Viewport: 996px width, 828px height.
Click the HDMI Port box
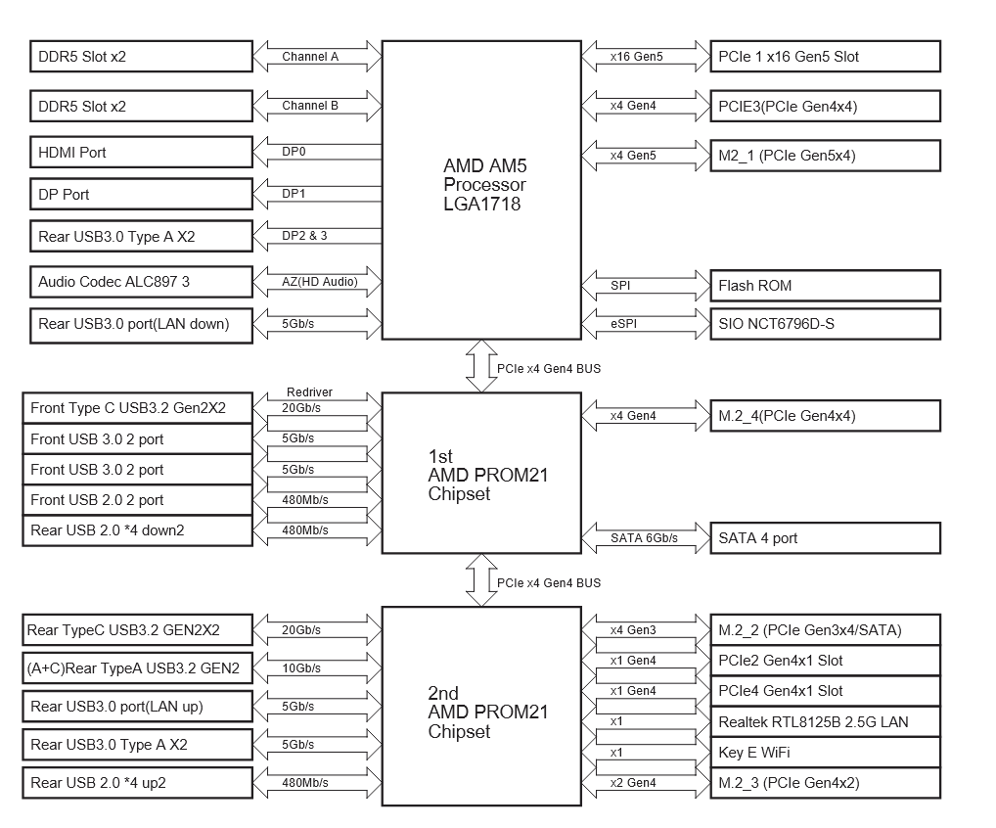click(x=141, y=153)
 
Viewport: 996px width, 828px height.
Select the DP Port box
click(x=141, y=195)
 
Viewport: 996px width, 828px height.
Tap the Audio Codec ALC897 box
click(x=141, y=282)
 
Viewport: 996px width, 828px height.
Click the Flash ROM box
click(x=825, y=286)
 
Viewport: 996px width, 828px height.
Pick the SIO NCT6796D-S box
click(x=825, y=324)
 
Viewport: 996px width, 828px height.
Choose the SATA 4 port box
click(x=825, y=538)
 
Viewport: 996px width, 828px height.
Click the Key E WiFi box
click(x=825, y=753)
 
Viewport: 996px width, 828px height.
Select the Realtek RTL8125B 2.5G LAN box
click(x=825, y=722)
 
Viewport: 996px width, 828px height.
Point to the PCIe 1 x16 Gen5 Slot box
click(x=825, y=57)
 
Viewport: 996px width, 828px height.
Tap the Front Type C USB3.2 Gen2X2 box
click(x=137, y=408)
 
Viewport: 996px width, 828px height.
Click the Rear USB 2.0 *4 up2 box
click(x=137, y=783)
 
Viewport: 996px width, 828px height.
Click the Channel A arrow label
click(x=310, y=57)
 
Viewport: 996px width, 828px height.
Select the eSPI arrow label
click(x=624, y=323)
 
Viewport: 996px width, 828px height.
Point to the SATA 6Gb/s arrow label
click(x=644, y=538)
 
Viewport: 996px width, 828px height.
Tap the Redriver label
click(x=309, y=392)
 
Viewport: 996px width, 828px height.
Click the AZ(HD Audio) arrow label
click(x=320, y=282)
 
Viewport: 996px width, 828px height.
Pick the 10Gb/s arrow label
click(x=301, y=668)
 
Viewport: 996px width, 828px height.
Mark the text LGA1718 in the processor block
click(x=482, y=204)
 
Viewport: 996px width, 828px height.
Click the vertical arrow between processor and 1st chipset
click(x=481, y=366)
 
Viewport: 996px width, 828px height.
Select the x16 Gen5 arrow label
click(x=637, y=57)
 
